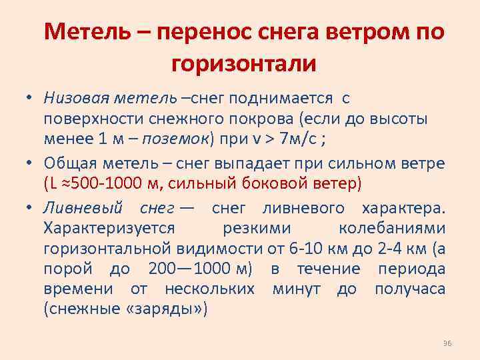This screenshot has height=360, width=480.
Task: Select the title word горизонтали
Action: click(243, 64)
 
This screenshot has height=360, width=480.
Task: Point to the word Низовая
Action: click(71, 99)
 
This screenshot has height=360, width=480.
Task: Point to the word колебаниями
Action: click(392, 228)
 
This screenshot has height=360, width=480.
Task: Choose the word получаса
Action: click(410, 290)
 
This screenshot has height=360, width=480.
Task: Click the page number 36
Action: click(447, 343)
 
